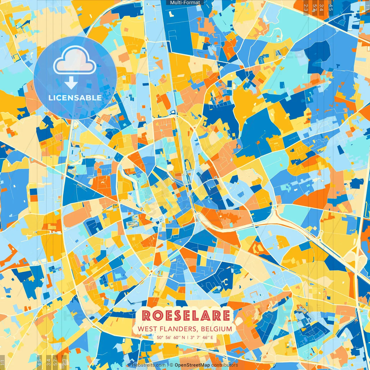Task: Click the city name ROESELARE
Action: [186, 316]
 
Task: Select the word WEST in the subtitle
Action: [147, 329]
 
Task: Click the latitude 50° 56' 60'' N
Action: [171, 337]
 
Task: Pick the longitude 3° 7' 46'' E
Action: [202, 337]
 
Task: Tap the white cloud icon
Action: [75, 61]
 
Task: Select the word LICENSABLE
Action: [75, 98]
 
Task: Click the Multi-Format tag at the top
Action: [185, 3]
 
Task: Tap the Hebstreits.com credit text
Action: [149, 365]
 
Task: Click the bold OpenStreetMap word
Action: [192, 365]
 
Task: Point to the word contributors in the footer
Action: [225, 365]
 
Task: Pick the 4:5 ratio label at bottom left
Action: [39, 362]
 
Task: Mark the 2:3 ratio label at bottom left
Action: [64, 362]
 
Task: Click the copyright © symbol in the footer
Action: [171, 365]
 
